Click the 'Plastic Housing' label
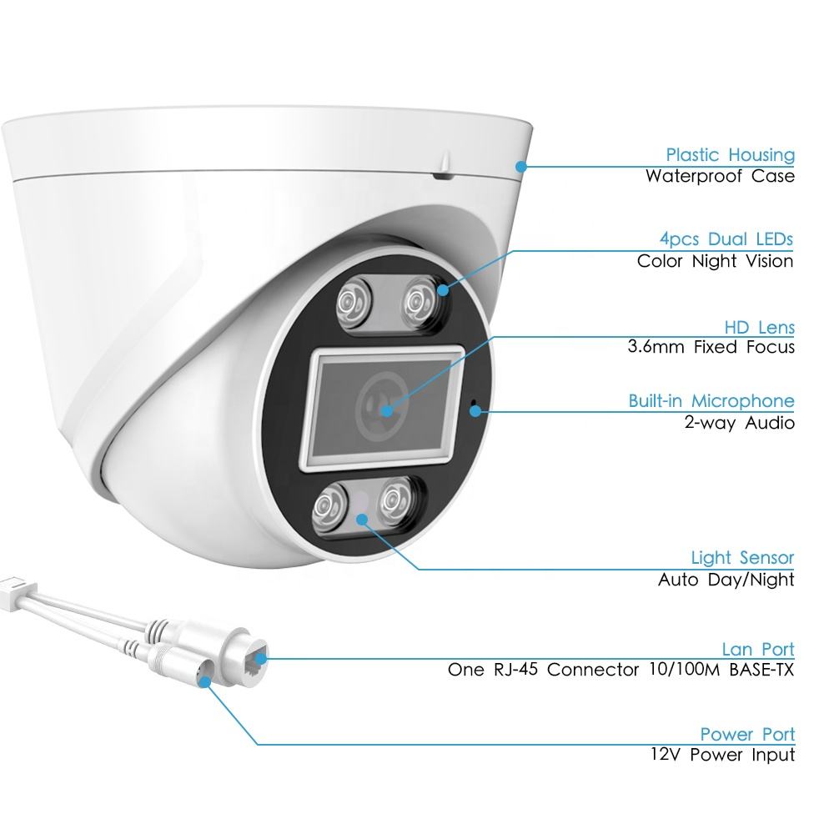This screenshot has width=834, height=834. click(730, 155)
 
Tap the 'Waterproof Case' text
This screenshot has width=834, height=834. click(720, 176)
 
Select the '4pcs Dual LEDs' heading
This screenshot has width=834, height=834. click(726, 239)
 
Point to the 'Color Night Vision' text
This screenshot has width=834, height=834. click(715, 261)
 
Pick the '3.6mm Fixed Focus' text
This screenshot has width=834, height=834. click(711, 348)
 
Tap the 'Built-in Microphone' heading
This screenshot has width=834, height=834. click(711, 401)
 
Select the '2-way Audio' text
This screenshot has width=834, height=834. click(739, 423)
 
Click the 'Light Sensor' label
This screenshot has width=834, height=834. click(742, 557)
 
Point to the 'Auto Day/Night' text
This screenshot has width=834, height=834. click(726, 579)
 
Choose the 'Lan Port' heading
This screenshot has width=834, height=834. click(757, 649)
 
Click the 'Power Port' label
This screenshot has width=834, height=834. click(747, 735)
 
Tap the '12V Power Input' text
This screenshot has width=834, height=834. click(722, 756)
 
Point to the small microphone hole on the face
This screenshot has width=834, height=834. click(475, 409)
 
